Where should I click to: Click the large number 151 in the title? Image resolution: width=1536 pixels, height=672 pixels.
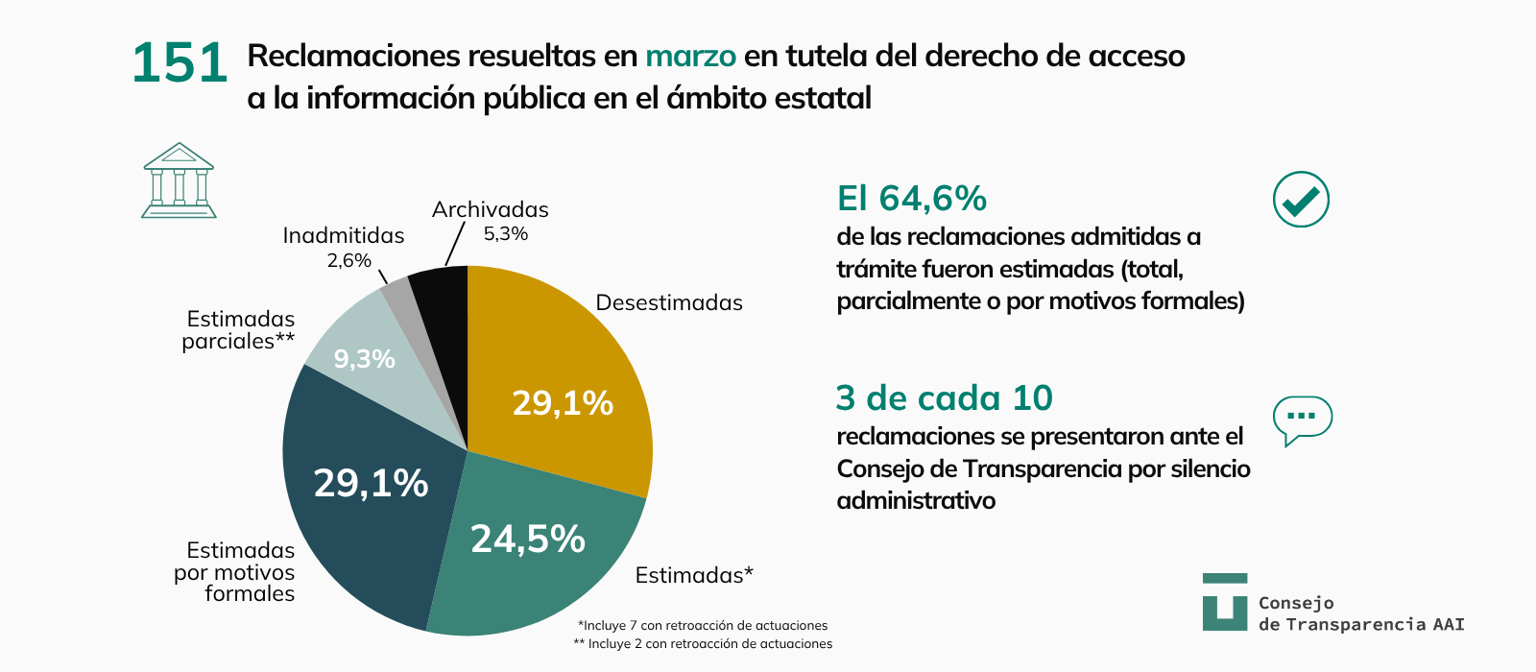[180, 64]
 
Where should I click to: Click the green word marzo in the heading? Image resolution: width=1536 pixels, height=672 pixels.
[690, 57]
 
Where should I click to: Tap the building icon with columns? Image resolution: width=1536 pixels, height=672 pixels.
[179, 181]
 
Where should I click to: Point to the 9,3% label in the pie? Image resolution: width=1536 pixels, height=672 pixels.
[364, 359]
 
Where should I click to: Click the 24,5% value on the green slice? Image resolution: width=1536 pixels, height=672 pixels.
[527, 540]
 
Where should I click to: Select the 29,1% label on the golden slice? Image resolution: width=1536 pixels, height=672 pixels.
[563, 403]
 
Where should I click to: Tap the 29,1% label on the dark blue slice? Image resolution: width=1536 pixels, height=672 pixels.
[371, 483]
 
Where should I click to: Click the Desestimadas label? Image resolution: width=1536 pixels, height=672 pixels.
[669, 302]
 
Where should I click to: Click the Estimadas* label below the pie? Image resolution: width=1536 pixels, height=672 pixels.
[694, 575]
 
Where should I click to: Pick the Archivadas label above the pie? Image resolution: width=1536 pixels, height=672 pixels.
[490, 209]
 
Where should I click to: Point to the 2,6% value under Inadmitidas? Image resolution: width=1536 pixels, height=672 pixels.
[348, 260]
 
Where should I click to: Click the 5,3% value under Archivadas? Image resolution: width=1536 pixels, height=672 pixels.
[505, 233]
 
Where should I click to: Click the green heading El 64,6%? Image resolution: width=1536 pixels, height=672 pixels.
[911, 199]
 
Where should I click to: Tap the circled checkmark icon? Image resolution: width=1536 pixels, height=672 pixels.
[1301, 200]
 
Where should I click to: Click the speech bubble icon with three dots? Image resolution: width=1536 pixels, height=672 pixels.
[1302, 419]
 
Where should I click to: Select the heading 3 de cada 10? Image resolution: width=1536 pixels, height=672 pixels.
[944, 397]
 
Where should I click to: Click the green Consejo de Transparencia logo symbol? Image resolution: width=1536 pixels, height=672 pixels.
[1224, 602]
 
